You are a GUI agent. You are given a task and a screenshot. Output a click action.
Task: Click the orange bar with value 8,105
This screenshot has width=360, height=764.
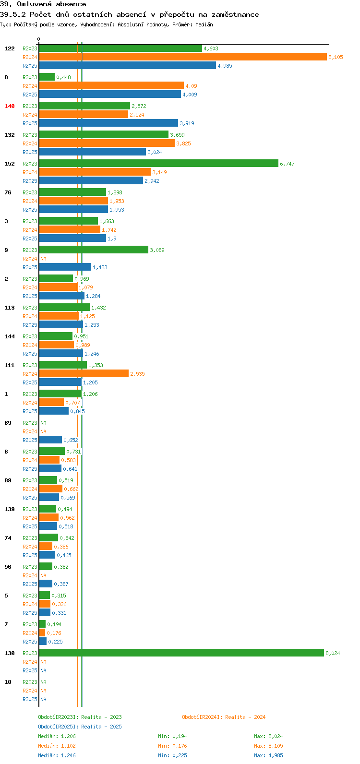point(183,57)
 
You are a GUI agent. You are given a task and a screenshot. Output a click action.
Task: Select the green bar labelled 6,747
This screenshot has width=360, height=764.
point(159,163)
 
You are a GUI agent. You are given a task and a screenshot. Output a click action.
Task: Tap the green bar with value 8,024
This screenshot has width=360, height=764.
point(181,653)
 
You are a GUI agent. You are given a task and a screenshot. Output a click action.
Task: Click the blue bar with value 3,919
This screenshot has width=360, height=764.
point(108,123)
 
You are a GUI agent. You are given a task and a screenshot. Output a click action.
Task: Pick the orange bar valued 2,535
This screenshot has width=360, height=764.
point(84,373)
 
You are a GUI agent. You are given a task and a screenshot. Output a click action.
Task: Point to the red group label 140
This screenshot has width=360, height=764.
point(10,106)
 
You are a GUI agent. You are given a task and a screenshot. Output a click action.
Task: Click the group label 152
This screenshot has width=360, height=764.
point(10,164)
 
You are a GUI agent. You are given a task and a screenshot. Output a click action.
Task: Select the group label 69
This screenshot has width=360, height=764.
point(8,423)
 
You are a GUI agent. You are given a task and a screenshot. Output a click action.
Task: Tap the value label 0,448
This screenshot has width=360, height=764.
point(63,77)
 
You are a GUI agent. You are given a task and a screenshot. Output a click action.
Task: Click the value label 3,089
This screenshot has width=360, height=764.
point(157,250)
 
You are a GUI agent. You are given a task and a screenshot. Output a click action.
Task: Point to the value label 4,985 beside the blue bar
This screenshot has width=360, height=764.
point(225,66)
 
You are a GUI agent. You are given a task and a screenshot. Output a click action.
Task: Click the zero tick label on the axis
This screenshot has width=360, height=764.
point(38,39)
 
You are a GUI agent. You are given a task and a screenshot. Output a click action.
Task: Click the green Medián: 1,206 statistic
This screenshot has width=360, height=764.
point(57,736)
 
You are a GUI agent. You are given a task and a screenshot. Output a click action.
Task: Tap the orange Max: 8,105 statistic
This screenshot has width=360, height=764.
point(268,746)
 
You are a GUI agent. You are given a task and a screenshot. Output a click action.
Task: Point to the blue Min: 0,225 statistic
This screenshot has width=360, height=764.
point(172,755)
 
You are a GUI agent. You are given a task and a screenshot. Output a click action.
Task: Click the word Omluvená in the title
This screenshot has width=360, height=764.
point(34,4)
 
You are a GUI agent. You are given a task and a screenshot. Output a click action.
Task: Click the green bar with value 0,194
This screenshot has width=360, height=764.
point(42,624)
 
